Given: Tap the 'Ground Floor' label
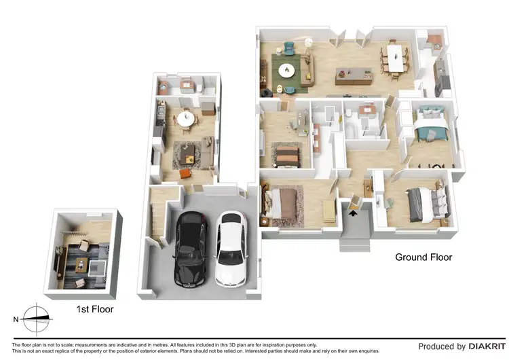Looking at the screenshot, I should pos(423,257).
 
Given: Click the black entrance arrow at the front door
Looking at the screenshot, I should pos(353,211).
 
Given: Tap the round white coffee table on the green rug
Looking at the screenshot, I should pos(287,69).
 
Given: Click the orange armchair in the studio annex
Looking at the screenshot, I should pos(184,175).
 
